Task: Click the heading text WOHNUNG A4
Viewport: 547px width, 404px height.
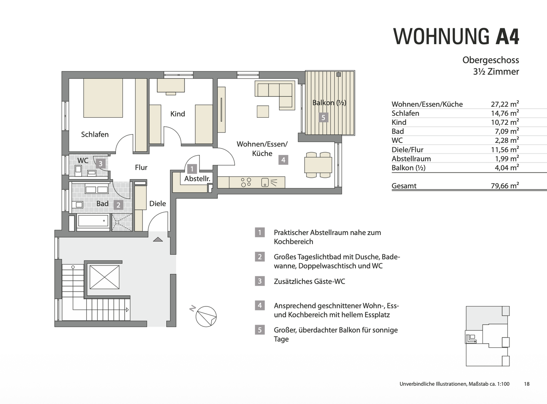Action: tap(456, 36)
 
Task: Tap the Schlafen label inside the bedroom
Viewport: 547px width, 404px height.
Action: tap(95, 134)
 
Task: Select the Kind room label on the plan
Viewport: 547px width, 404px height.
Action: tap(177, 114)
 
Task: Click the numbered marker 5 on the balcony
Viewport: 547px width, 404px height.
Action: tap(323, 118)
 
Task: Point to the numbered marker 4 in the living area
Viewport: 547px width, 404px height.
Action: tap(283, 160)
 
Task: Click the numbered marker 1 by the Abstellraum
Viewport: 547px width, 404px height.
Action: tap(192, 169)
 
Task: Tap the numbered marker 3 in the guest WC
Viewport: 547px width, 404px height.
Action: tap(101, 163)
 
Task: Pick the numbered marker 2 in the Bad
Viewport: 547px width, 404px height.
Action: tap(119, 205)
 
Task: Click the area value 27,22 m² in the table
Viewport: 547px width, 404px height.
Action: tap(505, 104)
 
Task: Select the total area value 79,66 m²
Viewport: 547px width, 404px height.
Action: tap(505, 185)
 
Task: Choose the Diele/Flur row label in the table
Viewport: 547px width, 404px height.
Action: tap(408, 150)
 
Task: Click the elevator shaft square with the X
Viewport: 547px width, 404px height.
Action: tap(104, 277)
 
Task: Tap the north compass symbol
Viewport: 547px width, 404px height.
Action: tap(206, 317)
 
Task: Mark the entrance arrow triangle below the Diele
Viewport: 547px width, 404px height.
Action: tap(158, 239)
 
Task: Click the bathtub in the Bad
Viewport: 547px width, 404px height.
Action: tap(93, 221)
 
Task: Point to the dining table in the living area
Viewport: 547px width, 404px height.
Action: tap(318, 165)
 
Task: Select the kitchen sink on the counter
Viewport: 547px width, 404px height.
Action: tap(265, 183)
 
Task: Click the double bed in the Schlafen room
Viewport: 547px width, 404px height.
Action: tap(103, 98)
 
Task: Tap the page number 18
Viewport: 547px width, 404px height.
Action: tap(526, 384)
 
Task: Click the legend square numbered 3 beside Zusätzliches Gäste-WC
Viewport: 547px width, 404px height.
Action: tap(260, 281)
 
